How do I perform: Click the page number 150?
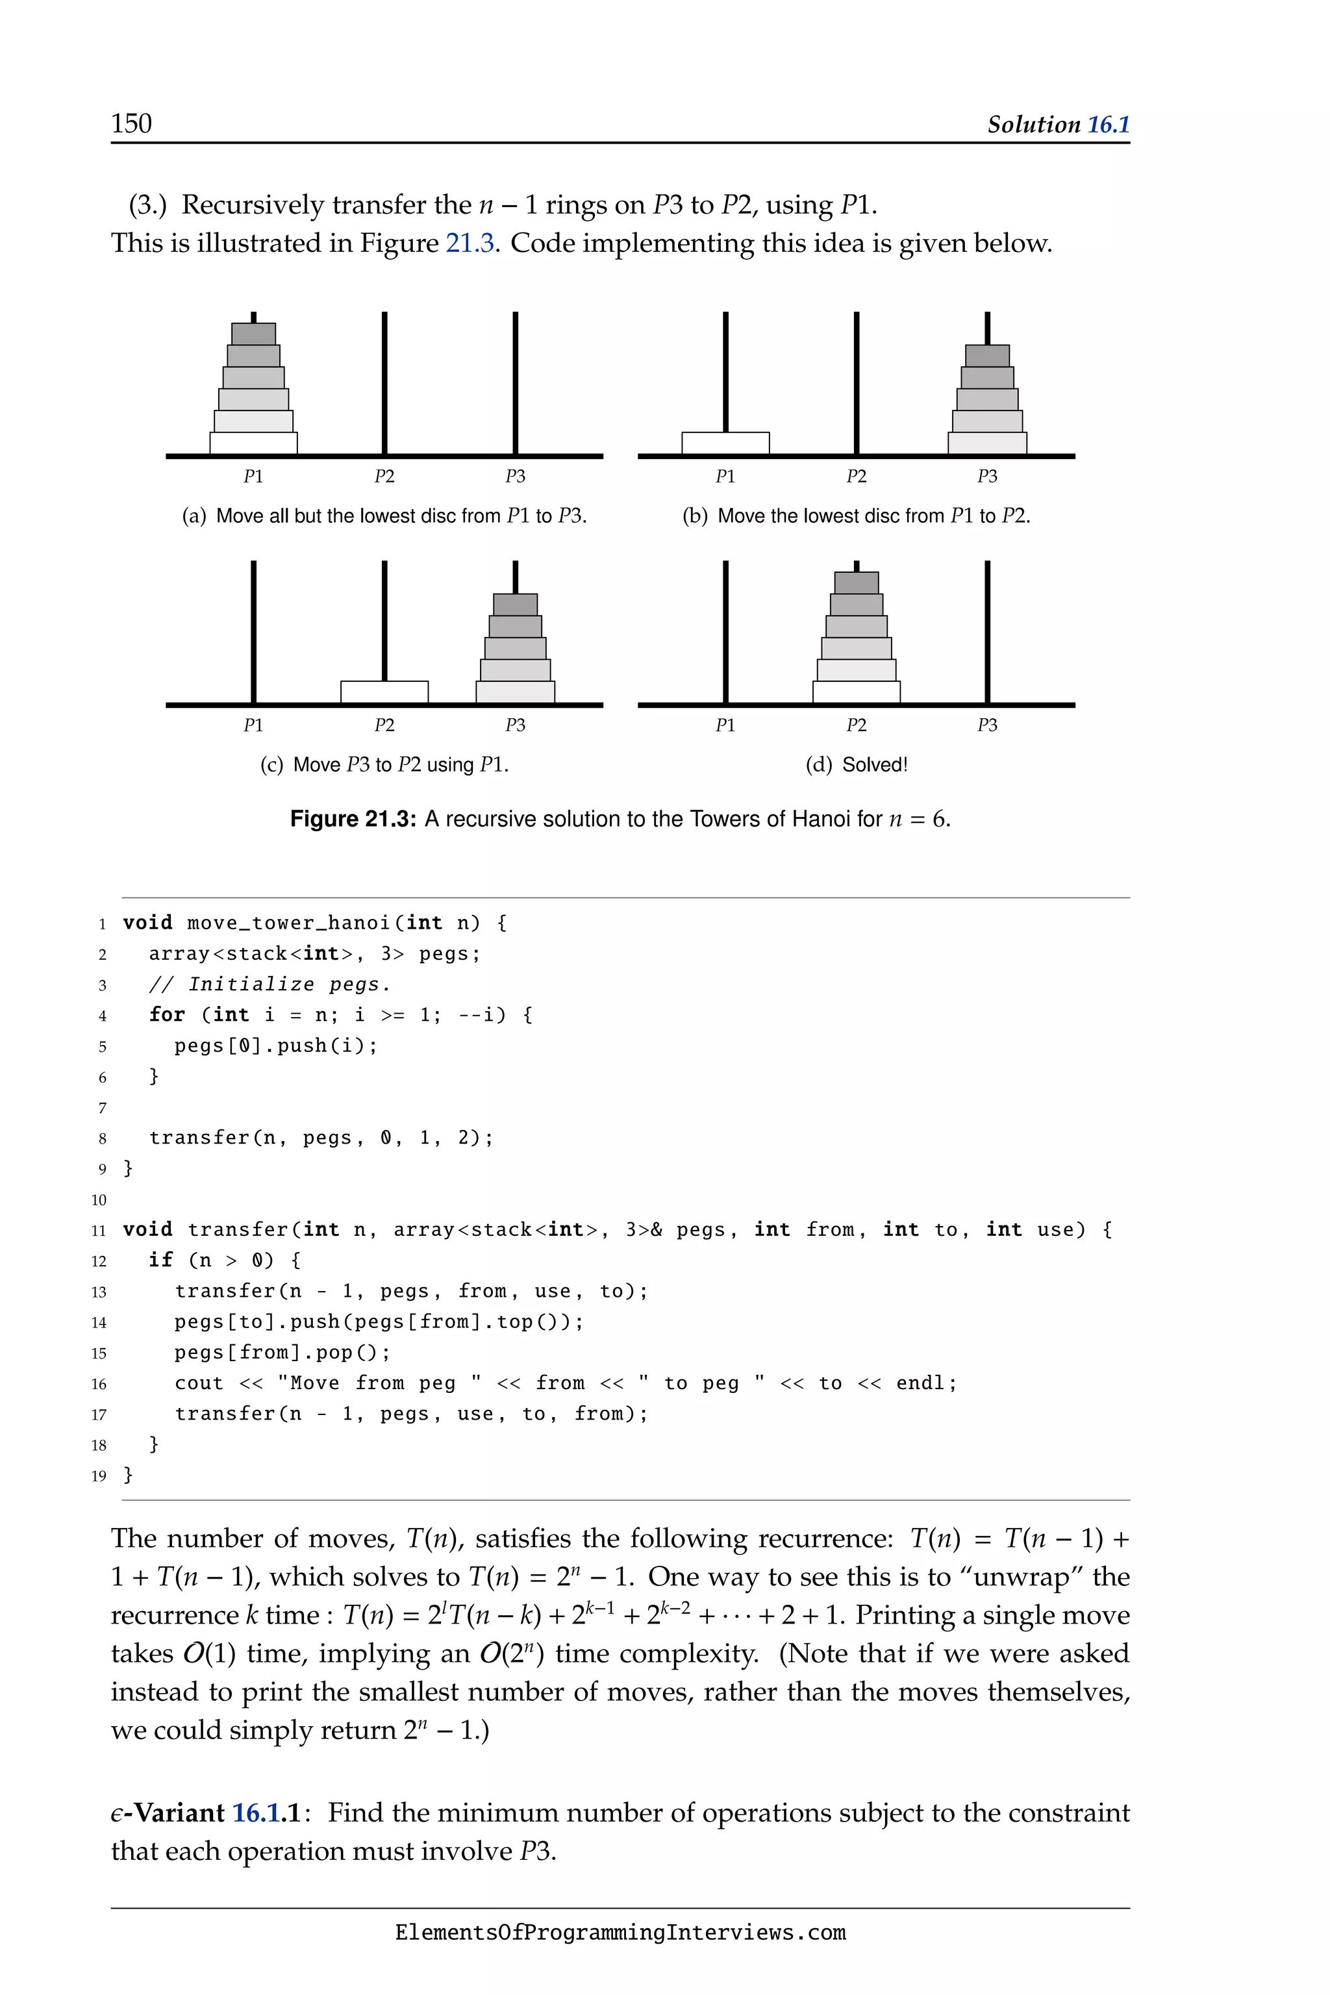[x=131, y=124]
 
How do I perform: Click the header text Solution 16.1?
[x=1058, y=125]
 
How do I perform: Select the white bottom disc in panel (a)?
[x=254, y=444]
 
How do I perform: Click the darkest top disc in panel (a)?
[x=254, y=333]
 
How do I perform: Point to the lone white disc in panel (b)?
[x=725, y=444]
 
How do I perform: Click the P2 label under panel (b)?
[x=857, y=477]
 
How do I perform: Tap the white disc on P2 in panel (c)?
[x=384, y=692]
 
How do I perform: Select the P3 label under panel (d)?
[x=987, y=725]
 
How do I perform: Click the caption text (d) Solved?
[x=857, y=765]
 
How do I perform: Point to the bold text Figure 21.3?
[x=353, y=820]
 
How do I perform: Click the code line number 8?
[x=102, y=1139]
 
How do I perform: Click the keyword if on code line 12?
[x=160, y=1261]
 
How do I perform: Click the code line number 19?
[x=99, y=1476]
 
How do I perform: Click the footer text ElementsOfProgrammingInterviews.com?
[x=620, y=1933]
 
